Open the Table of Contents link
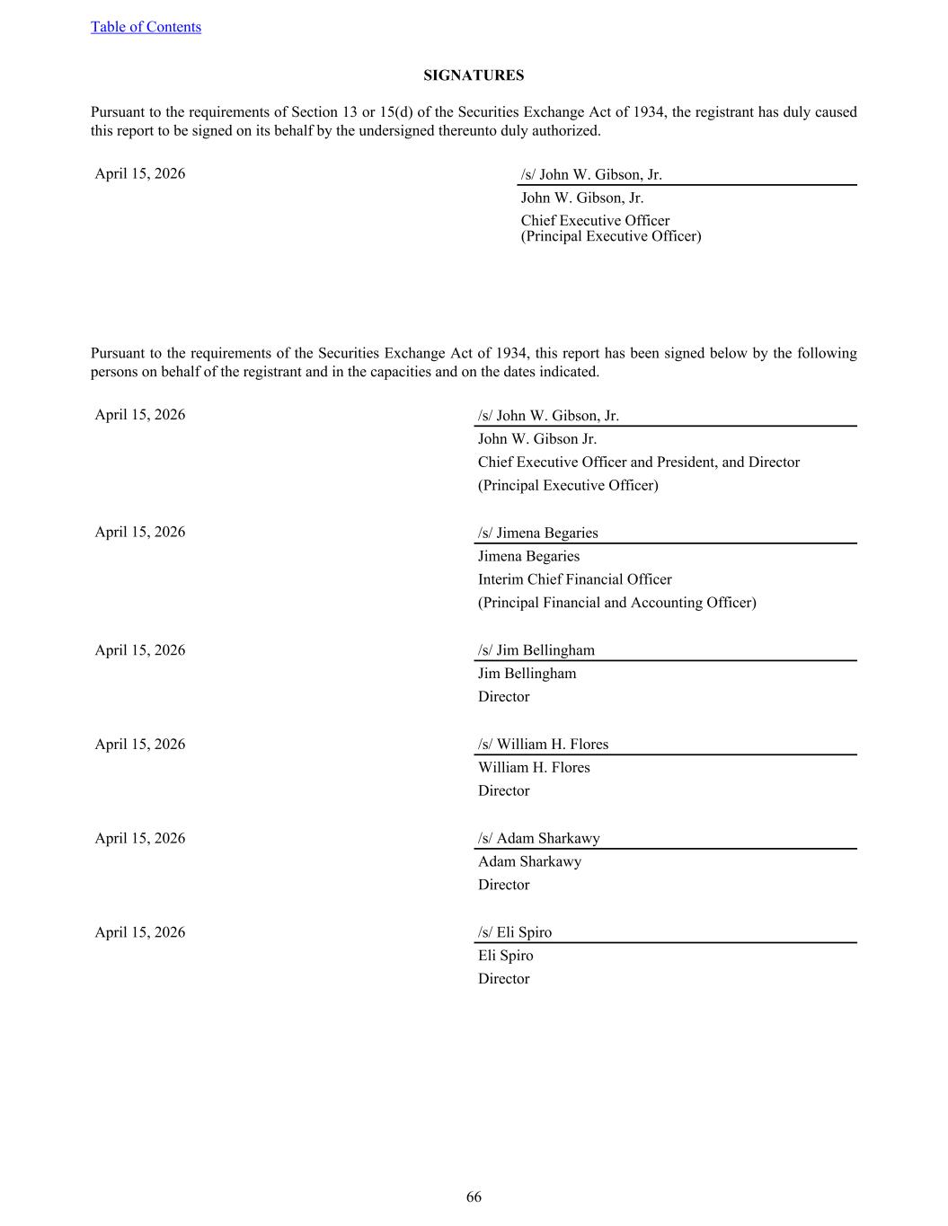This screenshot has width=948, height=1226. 146,27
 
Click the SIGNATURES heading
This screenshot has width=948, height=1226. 474,75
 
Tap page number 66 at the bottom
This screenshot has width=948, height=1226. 474,1196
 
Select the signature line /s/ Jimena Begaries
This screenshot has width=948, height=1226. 537,533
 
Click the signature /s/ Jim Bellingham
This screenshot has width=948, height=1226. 536,650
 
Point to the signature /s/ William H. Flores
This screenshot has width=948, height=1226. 543,744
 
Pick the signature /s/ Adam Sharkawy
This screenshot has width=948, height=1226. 538,838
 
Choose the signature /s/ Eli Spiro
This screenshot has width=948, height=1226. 515,932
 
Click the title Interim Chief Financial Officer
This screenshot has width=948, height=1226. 574,579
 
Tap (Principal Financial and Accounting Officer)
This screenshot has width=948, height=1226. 616,603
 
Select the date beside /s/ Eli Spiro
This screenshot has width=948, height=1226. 140,932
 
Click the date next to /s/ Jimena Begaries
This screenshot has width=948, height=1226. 140,532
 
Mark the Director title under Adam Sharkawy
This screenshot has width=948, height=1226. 503,885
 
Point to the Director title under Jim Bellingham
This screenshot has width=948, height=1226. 503,697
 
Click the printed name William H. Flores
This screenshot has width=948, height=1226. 534,767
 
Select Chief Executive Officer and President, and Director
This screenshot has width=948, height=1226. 638,463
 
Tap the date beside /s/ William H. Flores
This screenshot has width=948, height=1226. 140,744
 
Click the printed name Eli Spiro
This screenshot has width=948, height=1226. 505,956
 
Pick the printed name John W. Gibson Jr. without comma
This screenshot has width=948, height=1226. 536,439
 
